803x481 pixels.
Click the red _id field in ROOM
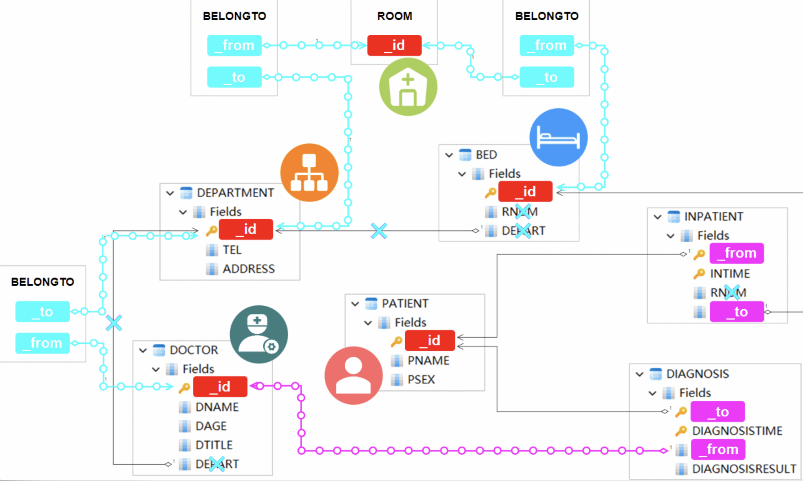(394, 45)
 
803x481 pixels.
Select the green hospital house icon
(408, 87)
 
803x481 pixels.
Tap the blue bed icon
(558, 137)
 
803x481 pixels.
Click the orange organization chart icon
(309, 173)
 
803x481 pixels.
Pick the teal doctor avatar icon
(258, 334)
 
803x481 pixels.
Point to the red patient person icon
(353, 375)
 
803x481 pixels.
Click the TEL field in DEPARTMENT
(232, 250)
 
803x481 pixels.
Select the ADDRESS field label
(248, 269)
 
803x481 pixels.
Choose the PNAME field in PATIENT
(428, 360)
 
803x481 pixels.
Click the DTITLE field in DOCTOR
(214, 445)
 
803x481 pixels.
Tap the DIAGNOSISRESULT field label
(744, 469)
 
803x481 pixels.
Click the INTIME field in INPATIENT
(730, 274)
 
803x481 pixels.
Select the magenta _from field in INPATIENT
(736, 253)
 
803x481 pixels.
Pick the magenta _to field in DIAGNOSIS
(717, 412)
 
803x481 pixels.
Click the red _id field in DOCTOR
(220, 387)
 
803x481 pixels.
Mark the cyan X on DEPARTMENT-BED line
(379, 231)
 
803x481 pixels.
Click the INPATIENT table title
(713, 216)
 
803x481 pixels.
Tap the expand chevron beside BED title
(449, 155)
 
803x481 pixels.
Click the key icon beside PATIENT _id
(396, 341)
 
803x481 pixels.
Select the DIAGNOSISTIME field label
(737, 431)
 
